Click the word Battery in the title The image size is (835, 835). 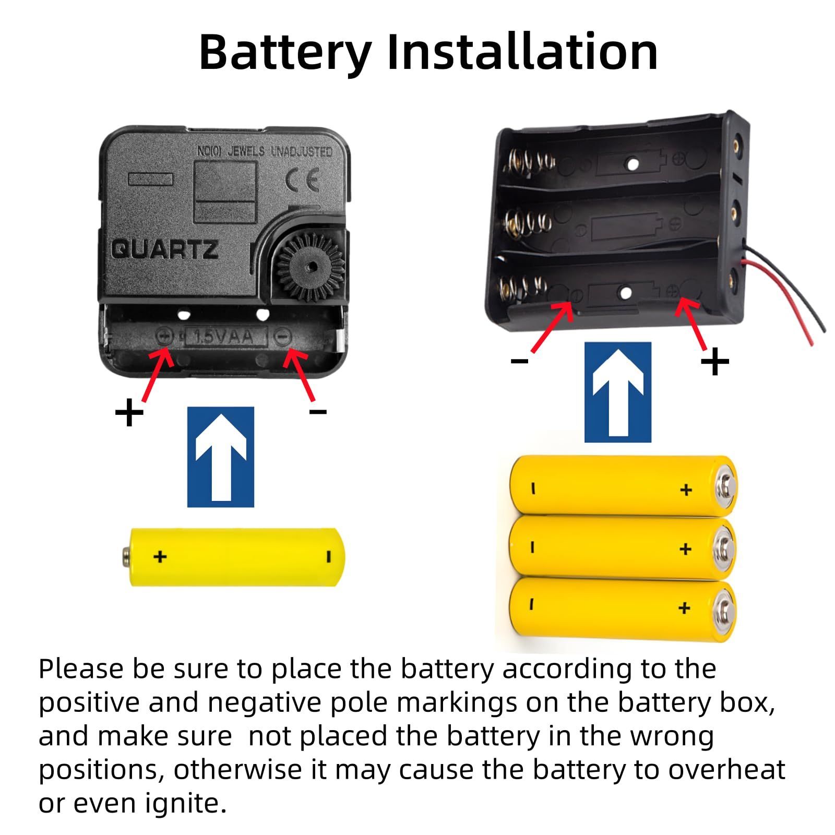[285, 52]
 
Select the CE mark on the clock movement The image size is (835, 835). [302, 181]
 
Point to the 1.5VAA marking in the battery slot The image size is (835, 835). [224, 337]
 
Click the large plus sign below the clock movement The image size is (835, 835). [129, 414]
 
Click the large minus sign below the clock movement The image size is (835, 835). [318, 412]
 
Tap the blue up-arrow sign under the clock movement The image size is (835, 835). [221, 457]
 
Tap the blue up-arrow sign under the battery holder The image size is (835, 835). [618, 392]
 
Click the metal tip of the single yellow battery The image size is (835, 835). [126, 556]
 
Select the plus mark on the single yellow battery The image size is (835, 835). [160, 556]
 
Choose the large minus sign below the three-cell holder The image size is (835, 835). [519, 361]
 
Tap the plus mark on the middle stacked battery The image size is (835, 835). [686, 548]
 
